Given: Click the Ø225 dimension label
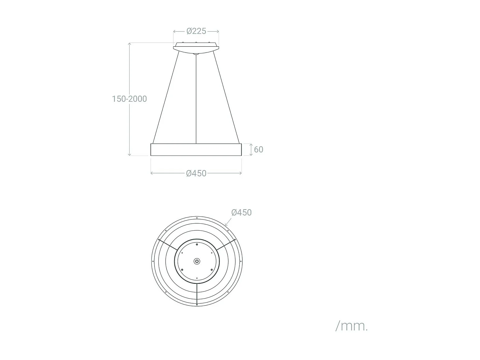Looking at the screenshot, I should (x=196, y=31).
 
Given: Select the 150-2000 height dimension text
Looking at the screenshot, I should (x=129, y=99).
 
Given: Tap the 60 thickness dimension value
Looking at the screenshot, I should (x=259, y=149).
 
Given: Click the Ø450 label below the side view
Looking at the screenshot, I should (x=196, y=173).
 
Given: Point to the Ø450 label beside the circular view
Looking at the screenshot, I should (x=241, y=212).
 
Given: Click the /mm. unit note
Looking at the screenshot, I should (x=351, y=326).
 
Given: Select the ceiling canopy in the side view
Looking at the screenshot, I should (x=196, y=48).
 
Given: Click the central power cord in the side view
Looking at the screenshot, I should (x=196, y=99).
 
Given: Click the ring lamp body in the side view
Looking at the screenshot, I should (x=196, y=150).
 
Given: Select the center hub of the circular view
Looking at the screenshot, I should (x=197, y=261).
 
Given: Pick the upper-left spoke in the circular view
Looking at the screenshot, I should (x=168, y=245).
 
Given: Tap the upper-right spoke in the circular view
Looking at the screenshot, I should (x=226, y=245).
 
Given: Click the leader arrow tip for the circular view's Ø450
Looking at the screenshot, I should (x=225, y=226).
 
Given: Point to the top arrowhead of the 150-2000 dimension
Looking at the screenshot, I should (x=130, y=44).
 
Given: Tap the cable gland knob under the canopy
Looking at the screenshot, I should (x=196, y=55).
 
